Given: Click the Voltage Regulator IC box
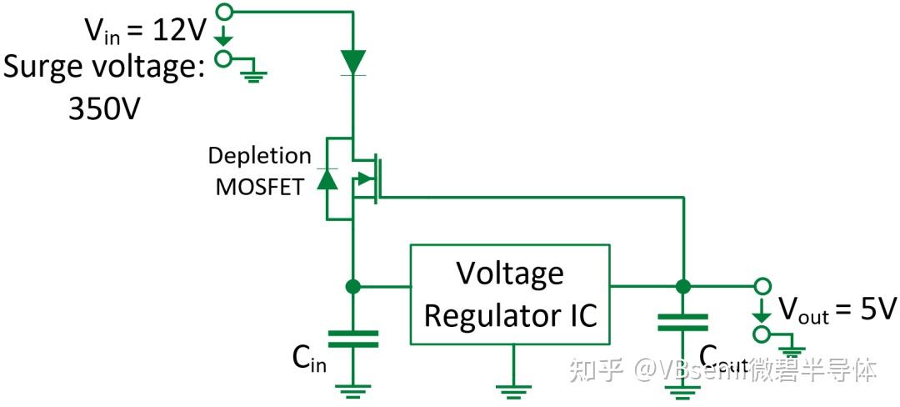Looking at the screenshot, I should tap(510, 294).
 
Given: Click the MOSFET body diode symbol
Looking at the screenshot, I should tap(327, 178).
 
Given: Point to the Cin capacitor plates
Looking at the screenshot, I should tap(353, 338).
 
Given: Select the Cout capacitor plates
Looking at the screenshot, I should tap(682, 322).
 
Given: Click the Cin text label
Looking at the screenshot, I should tap(308, 359).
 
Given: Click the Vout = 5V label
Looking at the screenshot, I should tap(837, 310).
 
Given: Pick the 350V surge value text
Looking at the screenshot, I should tap(103, 106).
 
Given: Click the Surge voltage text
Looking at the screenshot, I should tap(103, 66).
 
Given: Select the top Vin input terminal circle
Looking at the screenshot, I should tap(222, 11).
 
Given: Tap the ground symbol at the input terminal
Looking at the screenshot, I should tap(252, 75).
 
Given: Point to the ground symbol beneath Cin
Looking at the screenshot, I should tap(353, 389).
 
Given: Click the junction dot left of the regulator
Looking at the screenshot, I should tap(353, 286).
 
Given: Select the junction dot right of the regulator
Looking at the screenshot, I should tap(682, 286).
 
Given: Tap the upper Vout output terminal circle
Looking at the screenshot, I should tap(761, 286).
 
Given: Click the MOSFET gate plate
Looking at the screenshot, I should tap(379, 178).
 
